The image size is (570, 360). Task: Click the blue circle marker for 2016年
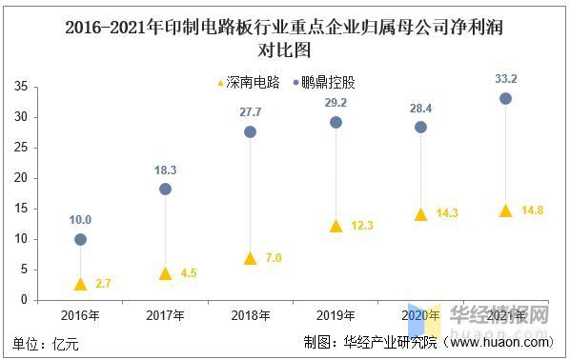pos(80,239)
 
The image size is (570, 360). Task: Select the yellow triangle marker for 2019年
pos(335,226)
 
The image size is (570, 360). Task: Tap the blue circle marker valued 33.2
pos(505,98)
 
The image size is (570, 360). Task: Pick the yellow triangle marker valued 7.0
pos(251,258)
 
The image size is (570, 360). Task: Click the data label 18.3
pos(165,169)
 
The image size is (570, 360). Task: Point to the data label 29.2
pos(335,102)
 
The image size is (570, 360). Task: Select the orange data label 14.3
pos(446,214)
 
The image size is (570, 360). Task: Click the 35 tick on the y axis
pos(19,87)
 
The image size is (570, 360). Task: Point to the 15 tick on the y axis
pos(19,209)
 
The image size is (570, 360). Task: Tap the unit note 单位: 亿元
pos(48,342)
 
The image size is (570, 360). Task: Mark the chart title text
pos(284,37)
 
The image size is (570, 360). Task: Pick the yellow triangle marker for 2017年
pos(165,273)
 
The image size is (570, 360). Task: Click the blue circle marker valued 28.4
pos(420,127)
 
